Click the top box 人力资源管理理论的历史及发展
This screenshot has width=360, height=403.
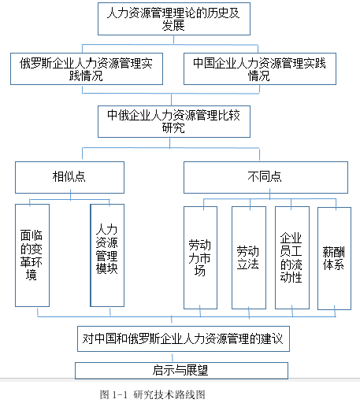point(174,19)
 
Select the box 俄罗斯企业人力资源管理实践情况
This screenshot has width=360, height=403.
point(87,68)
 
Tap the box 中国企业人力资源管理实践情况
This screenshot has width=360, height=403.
point(260,68)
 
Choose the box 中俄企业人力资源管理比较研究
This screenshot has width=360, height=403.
point(174,121)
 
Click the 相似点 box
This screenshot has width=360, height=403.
point(69,177)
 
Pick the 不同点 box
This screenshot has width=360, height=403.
point(265,177)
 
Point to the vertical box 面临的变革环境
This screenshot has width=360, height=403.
point(32,255)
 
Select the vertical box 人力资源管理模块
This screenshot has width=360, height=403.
point(107,255)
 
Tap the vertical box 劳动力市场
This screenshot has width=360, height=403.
point(200,257)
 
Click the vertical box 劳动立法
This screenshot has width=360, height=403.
point(249,257)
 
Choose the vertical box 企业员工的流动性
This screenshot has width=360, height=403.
point(292,257)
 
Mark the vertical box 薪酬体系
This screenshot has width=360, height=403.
point(334,258)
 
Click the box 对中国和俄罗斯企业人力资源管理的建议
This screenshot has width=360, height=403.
point(184,338)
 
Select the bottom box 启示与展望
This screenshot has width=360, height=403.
point(181,371)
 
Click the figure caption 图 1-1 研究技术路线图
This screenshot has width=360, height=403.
point(153,394)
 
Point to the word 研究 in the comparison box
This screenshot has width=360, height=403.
point(173,128)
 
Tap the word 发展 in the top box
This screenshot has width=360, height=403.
point(173,25)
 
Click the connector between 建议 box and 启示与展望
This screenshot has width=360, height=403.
point(173,357)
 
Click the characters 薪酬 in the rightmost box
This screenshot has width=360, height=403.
point(333,252)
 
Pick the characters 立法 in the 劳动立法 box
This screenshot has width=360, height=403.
point(248,264)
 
